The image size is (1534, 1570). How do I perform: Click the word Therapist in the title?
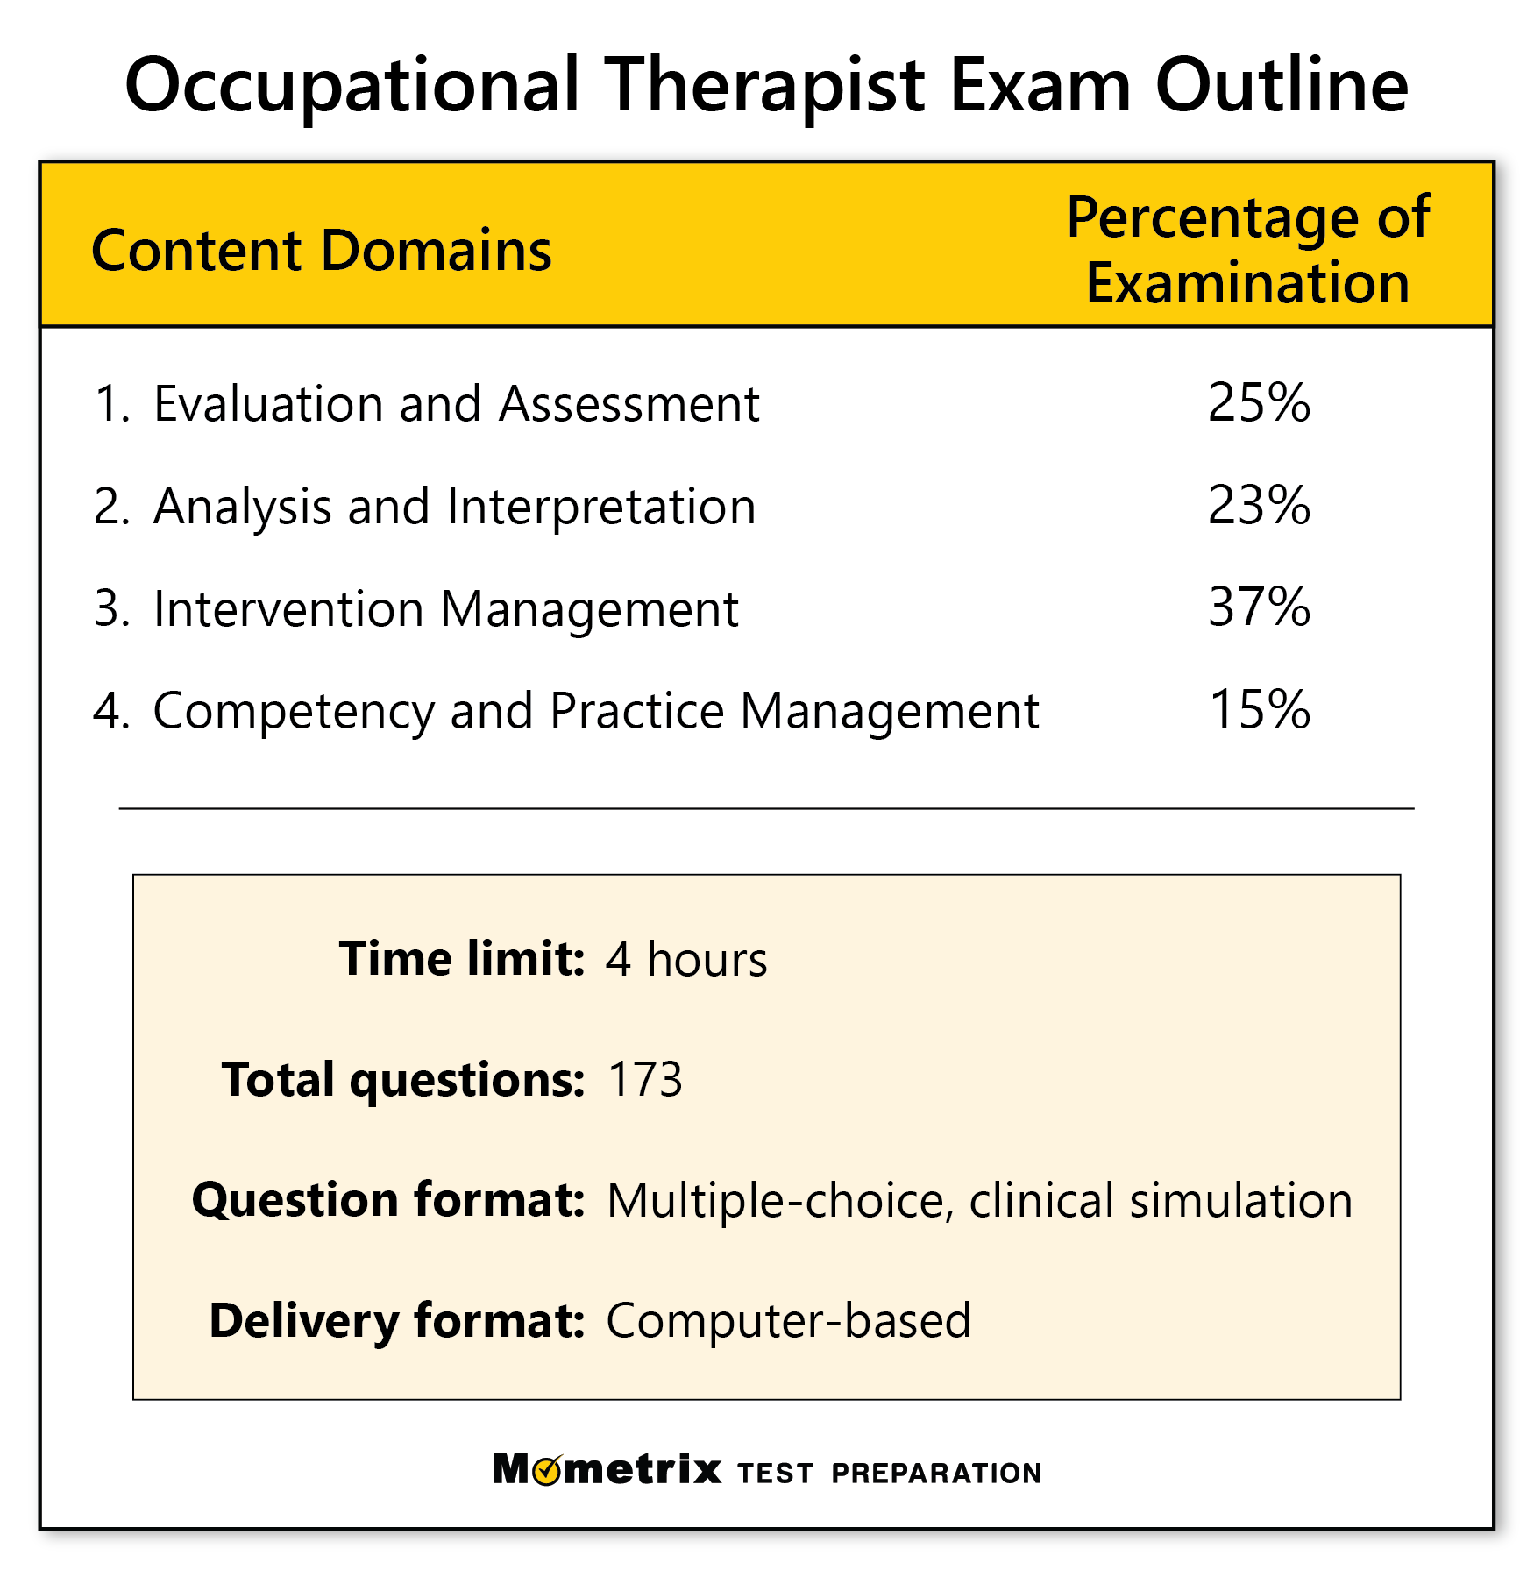tap(765, 86)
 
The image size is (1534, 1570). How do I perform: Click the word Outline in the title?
tap(1282, 86)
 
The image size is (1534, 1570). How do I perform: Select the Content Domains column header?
tap(322, 251)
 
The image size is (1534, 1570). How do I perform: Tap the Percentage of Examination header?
tap(1247, 250)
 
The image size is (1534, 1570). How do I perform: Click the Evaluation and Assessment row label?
tap(456, 404)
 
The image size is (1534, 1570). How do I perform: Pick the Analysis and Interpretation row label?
tap(454, 507)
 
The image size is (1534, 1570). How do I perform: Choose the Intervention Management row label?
tap(445, 609)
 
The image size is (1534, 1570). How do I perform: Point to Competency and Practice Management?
tap(595, 711)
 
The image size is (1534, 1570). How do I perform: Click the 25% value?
tap(1259, 403)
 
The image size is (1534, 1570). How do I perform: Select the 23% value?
tap(1259, 506)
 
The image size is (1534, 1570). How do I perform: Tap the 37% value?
tap(1259, 607)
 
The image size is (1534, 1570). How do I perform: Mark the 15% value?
tap(1259, 710)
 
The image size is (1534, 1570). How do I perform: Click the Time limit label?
tap(461, 958)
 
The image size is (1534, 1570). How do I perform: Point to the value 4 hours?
tap(686, 959)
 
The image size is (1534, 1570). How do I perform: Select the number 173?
tap(644, 1079)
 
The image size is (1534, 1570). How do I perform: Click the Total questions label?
tap(402, 1079)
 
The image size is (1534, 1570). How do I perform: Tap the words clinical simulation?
tap(1161, 1200)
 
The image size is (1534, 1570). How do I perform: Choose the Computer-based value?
tap(788, 1320)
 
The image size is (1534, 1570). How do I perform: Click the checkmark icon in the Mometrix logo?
tap(548, 1469)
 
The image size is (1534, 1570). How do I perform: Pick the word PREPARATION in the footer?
tap(936, 1474)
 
